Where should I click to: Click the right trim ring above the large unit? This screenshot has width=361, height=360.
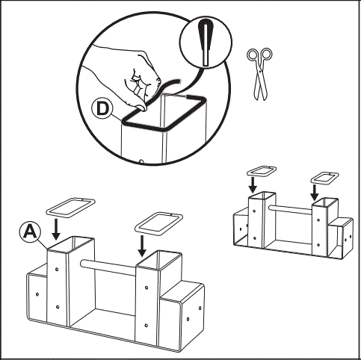pos(158,222)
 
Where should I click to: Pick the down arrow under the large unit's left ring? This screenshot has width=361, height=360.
pos(56,227)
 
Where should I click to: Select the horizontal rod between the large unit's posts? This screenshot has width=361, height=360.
pos(116,263)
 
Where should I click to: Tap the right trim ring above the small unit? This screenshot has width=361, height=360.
pos(324,177)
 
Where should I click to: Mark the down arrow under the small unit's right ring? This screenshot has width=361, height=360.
pos(315,191)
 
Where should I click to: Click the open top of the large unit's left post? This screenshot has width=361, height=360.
pos(72,245)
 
